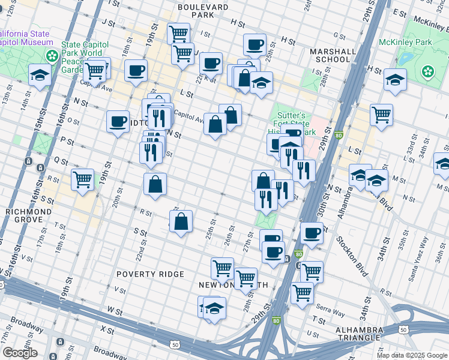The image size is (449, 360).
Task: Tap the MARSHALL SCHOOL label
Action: [x=330, y=55]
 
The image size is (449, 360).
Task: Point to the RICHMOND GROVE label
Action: [x=25, y=216]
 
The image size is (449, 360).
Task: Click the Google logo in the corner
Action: [x=20, y=353]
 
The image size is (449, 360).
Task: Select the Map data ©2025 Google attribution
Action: [x=411, y=355]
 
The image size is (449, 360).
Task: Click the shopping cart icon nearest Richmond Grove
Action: [x=82, y=179]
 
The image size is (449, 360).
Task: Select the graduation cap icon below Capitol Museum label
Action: [x=40, y=75]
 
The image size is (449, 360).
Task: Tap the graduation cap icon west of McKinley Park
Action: [x=394, y=80]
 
